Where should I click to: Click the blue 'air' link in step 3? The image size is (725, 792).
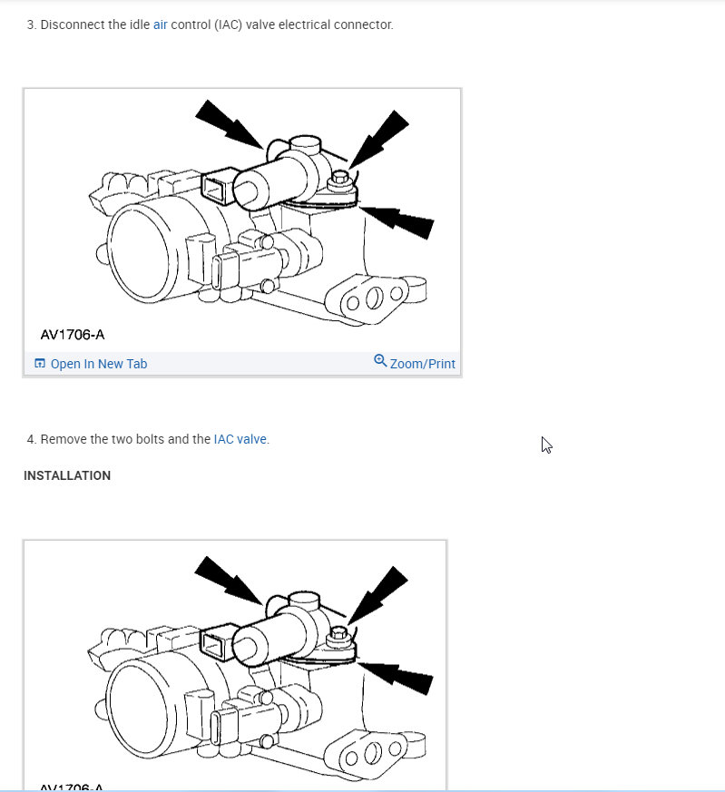160,24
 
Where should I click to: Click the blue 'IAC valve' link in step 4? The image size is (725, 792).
240,439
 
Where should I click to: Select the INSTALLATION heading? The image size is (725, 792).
67,475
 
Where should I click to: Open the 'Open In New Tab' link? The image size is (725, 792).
98,364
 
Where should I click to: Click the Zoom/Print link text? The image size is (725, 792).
422,364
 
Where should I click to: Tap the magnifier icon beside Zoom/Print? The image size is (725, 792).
380,361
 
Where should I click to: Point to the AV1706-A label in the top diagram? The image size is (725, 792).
72,335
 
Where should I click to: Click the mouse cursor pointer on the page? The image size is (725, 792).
546,444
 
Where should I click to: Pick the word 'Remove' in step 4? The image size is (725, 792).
63,439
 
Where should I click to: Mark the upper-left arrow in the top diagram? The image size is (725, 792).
229,123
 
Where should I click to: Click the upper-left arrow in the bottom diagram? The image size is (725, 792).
229,579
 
